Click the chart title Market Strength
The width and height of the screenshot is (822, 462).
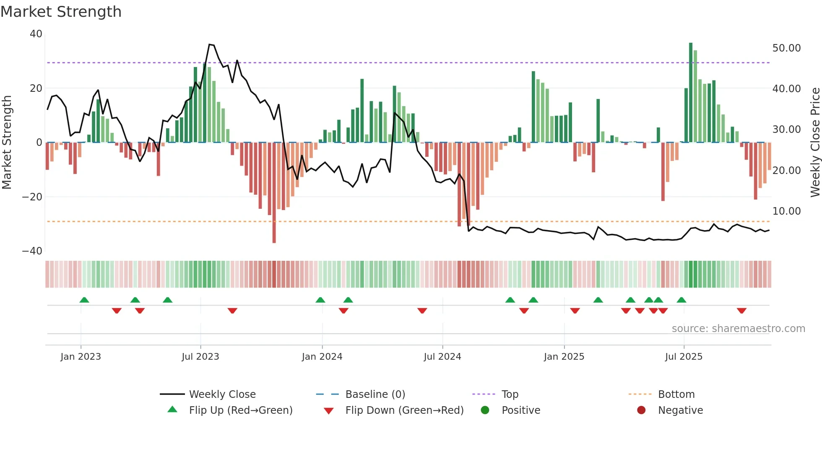tap(61, 12)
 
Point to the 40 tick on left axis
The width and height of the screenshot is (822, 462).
tap(36, 34)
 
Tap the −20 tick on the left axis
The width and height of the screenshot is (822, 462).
tap(32, 197)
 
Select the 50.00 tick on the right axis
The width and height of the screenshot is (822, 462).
tap(786, 48)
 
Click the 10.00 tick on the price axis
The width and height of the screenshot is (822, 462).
tap(786, 211)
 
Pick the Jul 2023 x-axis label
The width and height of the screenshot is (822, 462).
tap(200, 357)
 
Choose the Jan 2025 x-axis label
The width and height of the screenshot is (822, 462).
tap(564, 357)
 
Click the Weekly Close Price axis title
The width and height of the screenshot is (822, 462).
tap(815, 143)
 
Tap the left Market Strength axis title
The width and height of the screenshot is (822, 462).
tap(7, 143)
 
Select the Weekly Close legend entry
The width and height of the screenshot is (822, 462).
tap(222, 395)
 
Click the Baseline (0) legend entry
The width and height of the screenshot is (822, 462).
tap(375, 395)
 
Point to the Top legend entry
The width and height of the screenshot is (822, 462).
tap(510, 395)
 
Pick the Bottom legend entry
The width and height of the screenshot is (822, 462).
tap(676, 395)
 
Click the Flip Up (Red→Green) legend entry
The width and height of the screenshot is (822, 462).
tap(240, 410)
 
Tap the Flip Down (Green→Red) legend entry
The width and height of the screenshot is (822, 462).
tap(404, 410)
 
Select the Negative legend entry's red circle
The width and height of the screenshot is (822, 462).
tap(641, 410)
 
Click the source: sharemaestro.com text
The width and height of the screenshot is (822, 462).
tap(738, 329)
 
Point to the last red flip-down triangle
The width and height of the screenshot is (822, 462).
tap(741, 311)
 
